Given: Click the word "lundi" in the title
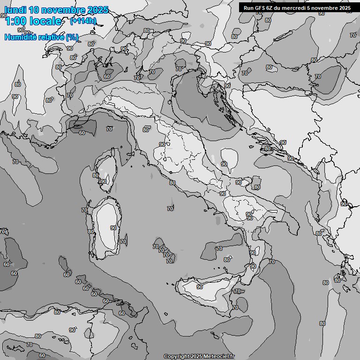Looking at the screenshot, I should (15, 10).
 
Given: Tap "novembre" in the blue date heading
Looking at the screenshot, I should (63, 10).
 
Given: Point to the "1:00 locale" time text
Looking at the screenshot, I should (33, 21).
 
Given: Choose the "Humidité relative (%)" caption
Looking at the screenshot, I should (42, 37).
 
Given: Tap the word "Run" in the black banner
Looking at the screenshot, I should (248, 7).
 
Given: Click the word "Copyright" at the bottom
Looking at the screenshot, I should (177, 356).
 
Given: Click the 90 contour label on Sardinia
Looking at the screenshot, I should (113, 228).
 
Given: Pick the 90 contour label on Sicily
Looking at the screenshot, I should (200, 286).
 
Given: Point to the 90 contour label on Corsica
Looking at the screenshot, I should (104, 181).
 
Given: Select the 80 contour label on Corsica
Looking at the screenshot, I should (96, 175).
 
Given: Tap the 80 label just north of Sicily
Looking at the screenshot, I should (227, 260).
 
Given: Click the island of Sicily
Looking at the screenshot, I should (206, 293).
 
